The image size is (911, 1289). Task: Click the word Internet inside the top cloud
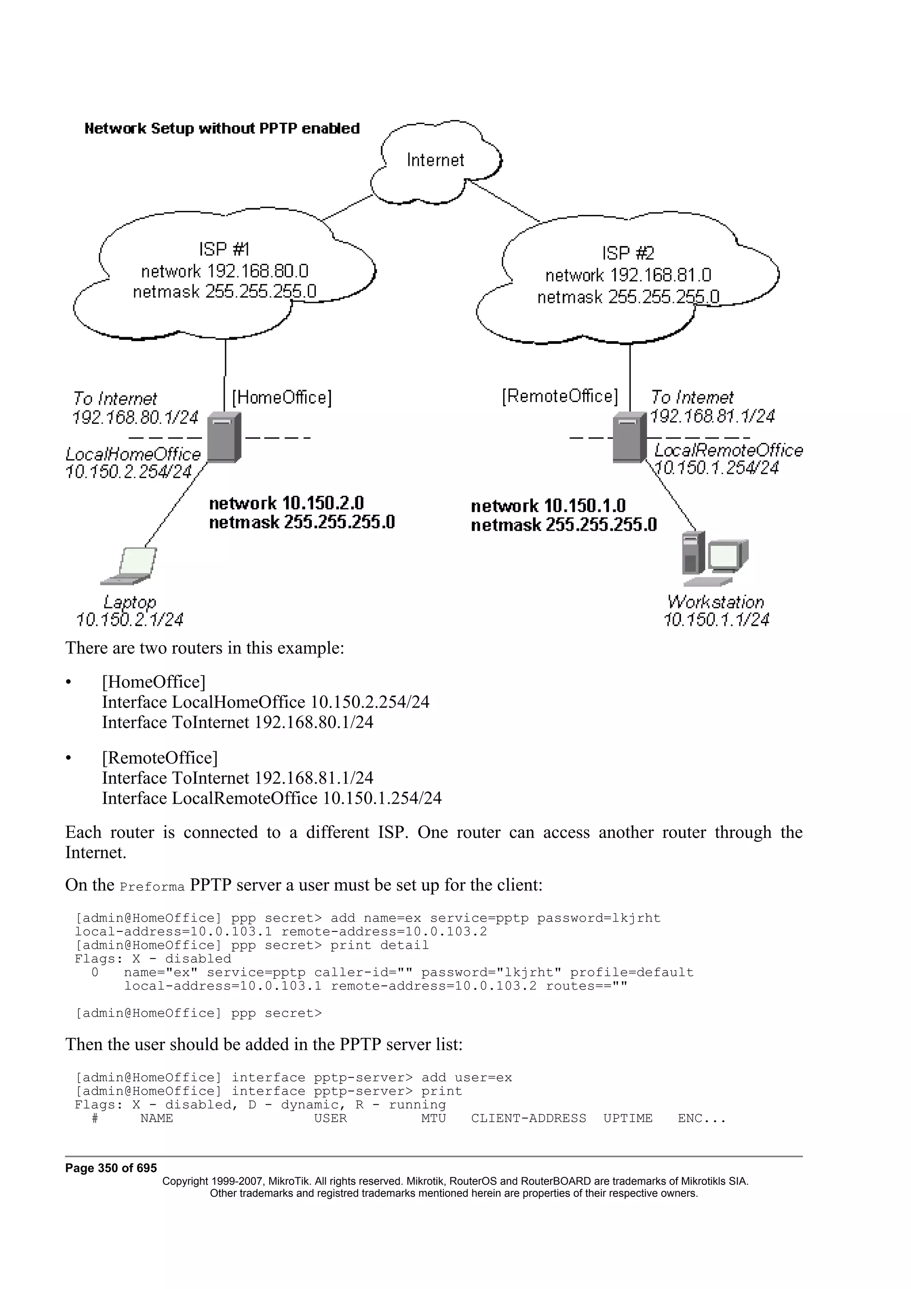pos(435,161)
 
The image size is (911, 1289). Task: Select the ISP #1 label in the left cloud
pos(223,249)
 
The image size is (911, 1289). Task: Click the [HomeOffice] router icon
pos(223,437)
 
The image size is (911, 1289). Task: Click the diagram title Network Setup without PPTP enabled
pos(222,129)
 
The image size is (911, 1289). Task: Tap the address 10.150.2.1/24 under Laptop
pos(129,620)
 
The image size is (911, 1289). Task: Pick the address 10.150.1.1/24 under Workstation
pos(716,620)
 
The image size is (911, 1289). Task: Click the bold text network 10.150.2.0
pos(286,503)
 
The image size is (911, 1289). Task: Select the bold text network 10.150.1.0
pos(548,506)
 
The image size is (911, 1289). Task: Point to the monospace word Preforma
pos(152,887)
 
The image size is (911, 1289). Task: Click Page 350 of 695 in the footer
pos(111,1168)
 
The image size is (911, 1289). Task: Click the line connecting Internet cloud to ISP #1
pos(348,208)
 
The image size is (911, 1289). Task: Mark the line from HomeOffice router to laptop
pos(175,505)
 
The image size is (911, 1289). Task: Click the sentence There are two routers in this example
pos(205,648)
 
